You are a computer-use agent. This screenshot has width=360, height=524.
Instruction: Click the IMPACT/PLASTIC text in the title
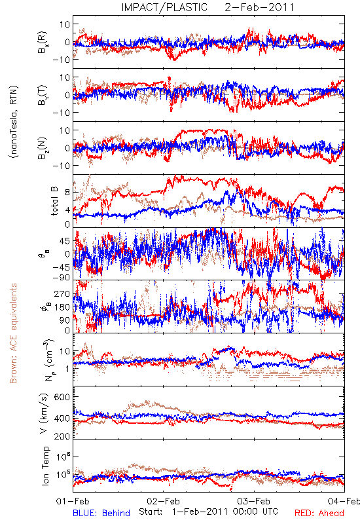point(164,7)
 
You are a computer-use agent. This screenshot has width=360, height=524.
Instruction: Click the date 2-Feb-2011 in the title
point(259,7)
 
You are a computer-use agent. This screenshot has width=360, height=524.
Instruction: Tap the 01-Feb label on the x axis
point(73,501)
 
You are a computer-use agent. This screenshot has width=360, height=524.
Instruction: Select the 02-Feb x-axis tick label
point(163,501)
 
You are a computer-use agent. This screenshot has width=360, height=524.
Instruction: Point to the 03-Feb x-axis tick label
point(254,501)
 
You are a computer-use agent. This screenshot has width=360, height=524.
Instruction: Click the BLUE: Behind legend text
point(101,513)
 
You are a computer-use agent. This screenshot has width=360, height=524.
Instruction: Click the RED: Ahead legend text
point(319,513)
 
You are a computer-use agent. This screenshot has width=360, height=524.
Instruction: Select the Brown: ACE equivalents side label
point(13,333)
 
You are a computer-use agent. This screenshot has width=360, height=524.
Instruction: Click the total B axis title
point(54,200)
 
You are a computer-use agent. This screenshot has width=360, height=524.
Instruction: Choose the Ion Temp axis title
point(45,466)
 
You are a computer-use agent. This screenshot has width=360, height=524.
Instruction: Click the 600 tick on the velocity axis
point(62,397)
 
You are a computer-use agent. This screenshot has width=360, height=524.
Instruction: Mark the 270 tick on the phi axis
point(62,294)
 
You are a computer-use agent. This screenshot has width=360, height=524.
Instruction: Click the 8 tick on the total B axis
point(67,193)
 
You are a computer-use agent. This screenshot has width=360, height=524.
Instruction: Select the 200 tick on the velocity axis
point(62,436)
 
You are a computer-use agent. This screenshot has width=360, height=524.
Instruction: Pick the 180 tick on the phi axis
point(62,307)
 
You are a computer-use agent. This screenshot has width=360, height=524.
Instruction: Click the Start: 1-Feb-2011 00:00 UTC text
point(208,512)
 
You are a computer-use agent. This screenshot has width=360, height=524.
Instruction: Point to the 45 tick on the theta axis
point(65,241)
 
